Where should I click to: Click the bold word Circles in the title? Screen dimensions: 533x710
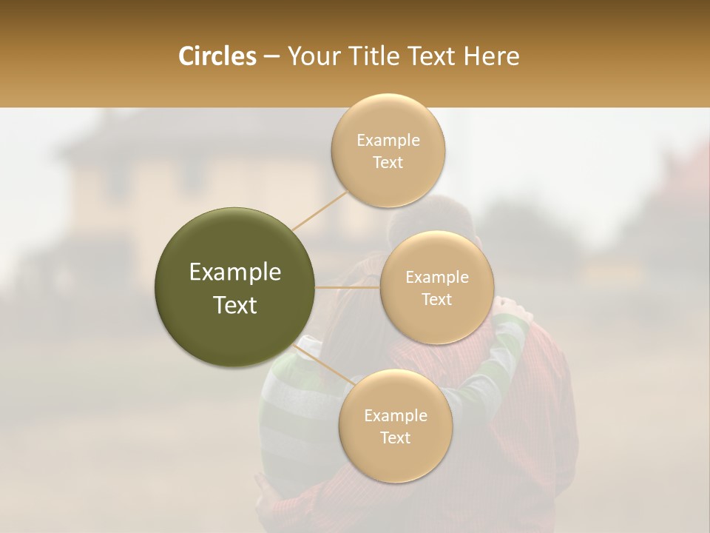(217, 56)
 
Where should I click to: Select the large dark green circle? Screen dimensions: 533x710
(235, 287)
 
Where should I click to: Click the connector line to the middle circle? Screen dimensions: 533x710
(348, 287)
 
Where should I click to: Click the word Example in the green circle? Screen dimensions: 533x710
(235, 272)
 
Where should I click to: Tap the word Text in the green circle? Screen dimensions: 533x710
(235, 305)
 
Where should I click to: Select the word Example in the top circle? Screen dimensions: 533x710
(388, 141)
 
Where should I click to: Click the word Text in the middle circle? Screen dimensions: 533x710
(437, 300)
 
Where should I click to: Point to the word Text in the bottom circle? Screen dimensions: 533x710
(395, 438)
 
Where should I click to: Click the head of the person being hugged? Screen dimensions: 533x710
(436, 222)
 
